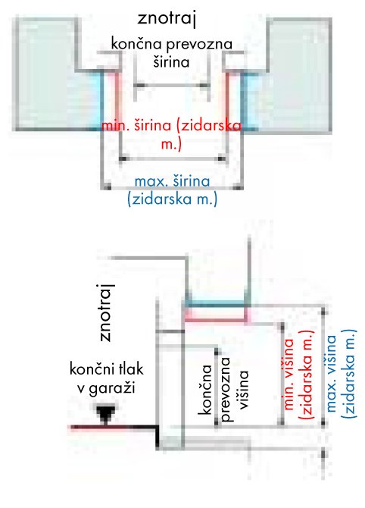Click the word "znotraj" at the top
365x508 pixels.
point(167,19)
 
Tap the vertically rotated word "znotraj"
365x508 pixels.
point(107,312)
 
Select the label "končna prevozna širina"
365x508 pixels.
point(171,52)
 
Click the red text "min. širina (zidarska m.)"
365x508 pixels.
point(171,134)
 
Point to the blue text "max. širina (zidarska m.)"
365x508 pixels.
point(172,190)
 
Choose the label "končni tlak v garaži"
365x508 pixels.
point(107,379)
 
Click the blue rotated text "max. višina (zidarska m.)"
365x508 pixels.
point(340,372)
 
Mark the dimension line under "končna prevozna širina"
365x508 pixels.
point(172,85)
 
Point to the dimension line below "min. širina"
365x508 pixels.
point(172,158)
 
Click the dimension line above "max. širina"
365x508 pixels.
point(172,187)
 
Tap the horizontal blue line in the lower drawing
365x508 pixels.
point(216,304)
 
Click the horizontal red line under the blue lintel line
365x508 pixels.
point(216,321)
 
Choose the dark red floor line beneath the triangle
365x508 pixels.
point(114,428)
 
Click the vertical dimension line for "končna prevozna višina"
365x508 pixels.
point(217,387)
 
